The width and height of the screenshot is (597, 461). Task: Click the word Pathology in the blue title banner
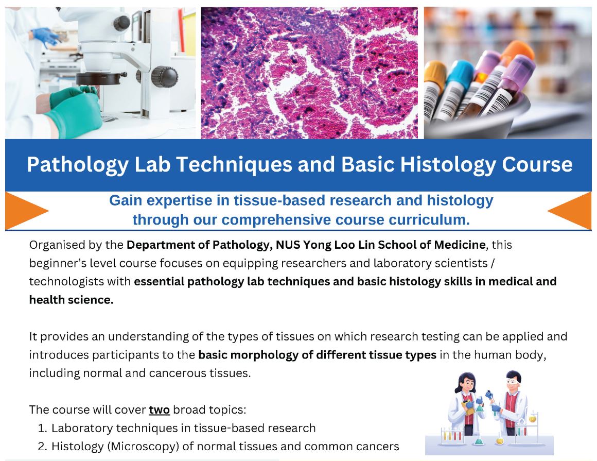[77, 165]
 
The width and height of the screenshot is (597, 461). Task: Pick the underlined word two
[159, 409]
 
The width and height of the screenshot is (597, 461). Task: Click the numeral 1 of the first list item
[42, 428]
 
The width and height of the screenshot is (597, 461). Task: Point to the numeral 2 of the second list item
[42, 447]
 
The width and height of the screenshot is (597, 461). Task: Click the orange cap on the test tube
[517, 52]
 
